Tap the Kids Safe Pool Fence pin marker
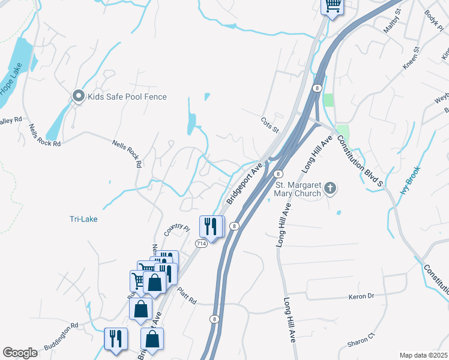pyautogui.click(x=78, y=96)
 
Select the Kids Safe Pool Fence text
pyautogui.click(x=127, y=97)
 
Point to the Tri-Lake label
pyautogui.click(x=82, y=219)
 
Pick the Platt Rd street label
pyautogui.click(x=187, y=292)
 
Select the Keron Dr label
pyautogui.click(x=361, y=296)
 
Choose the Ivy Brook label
pyautogui.click(x=411, y=180)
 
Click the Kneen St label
pyautogui.click(x=411, y=60)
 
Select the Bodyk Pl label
pyautogui.click(x=433, y=20)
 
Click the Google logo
pyautogui.click(x=20, y=353)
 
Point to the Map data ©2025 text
pyautogui.click(x=423, y=355)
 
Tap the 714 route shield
pyautogui.click(x=201, y=244)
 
